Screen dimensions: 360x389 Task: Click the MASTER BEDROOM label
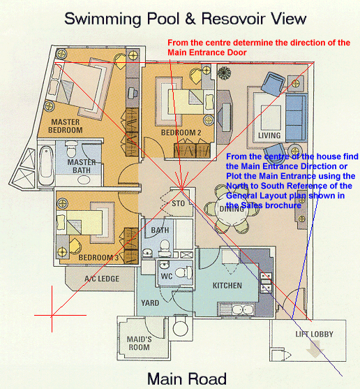[66, 126]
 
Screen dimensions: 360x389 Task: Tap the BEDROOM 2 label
[181, 133]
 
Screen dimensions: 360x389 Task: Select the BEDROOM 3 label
[98, 258]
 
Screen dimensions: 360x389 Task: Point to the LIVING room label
[269, 135]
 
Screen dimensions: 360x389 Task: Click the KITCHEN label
[227, 286]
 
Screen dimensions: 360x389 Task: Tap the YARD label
[150, 303]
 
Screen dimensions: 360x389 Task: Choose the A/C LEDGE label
[102, 279]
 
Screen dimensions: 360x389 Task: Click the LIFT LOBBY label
[314, 334]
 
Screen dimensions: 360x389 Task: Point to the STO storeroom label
[178, 204]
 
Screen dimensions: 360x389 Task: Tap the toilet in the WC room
[184, 272]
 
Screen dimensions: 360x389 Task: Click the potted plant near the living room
[224, 73]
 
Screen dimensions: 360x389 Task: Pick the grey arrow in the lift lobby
[315, 349]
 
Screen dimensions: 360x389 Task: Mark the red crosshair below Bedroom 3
[52, 315]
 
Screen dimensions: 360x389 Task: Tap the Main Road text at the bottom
[187, 379]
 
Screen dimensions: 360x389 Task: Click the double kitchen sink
[243, 309]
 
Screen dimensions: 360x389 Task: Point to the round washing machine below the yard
[181, 328]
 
